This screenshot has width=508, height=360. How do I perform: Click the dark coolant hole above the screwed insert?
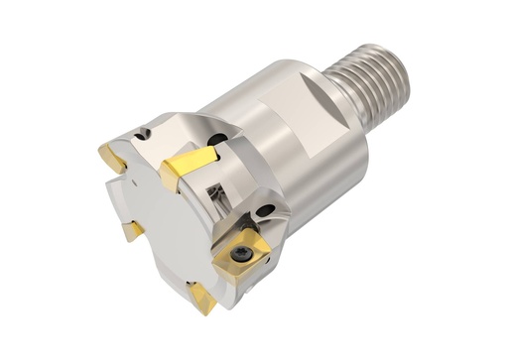click(267, 210)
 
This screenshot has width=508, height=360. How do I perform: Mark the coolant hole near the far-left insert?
click(145, 132)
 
